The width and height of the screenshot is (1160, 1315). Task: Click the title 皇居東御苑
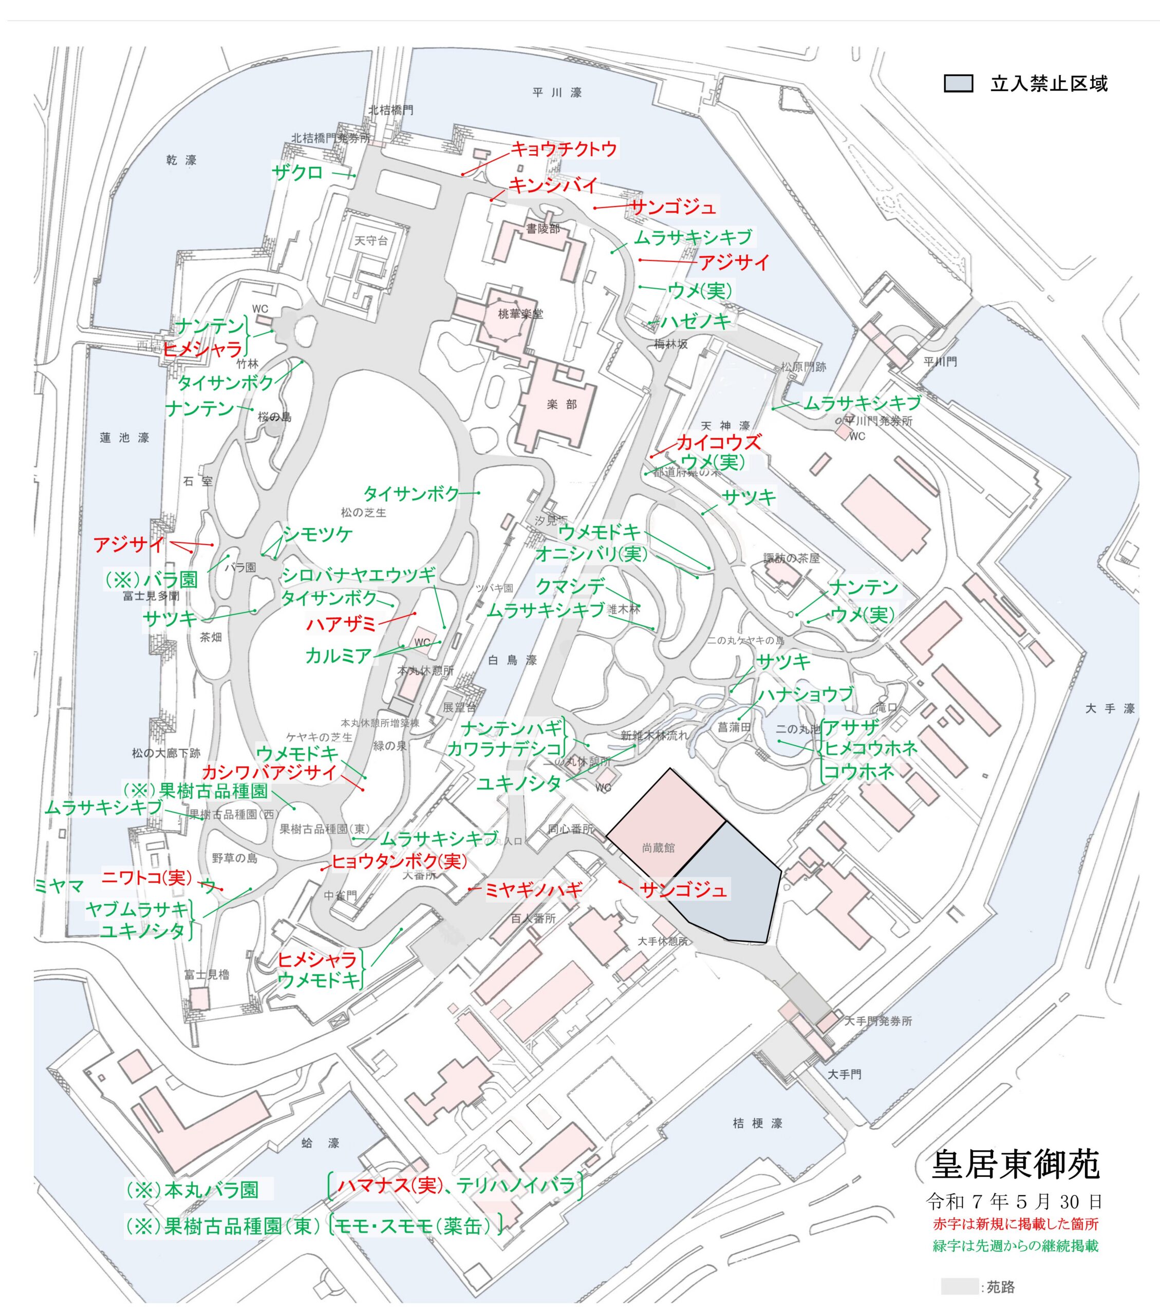tap(1015, 1164)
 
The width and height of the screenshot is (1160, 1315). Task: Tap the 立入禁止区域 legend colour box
tap(958, 84)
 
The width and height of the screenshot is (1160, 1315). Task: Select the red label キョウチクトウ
tap(564, 149)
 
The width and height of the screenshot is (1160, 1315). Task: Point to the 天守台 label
tap(371, 240)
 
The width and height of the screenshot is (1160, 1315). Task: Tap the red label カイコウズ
tap(718, 442)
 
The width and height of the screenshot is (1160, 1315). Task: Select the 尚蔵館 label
tap(658, 848)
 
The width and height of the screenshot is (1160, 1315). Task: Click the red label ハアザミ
tap(340, 624)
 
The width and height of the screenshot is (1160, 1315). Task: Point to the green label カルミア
tap(339, 655)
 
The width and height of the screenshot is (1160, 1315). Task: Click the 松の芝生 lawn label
tap(364, 513)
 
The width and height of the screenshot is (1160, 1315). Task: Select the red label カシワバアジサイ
tap(270, 773)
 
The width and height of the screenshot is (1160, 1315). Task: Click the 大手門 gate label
tap(844, 1074)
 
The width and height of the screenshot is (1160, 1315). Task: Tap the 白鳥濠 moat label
tap(512, 660)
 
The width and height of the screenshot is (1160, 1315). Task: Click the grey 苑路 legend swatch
tap(958, 1286)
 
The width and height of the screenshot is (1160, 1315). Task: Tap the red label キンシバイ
tap(553, 185)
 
